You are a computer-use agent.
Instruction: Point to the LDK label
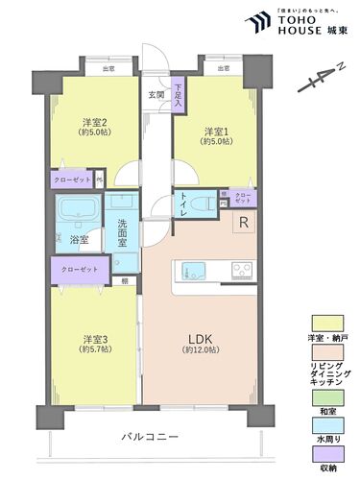(x=199, y=338)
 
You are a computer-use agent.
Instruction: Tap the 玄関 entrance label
(x=155, y=94)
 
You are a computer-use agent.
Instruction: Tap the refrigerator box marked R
(x=244, y=224)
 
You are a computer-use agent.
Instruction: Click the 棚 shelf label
(x=126, y=280)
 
